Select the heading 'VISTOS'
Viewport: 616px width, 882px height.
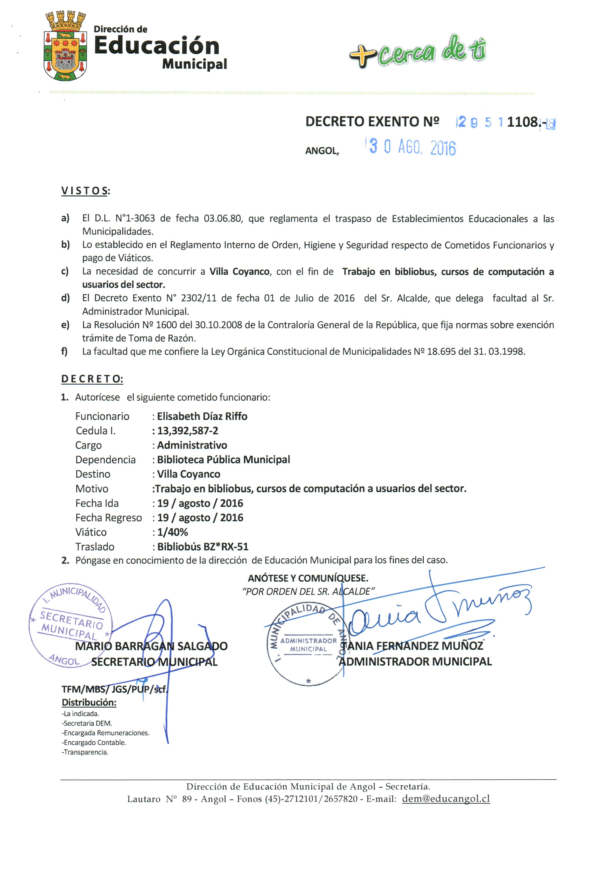tap(85, 191)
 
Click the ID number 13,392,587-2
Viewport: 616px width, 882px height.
tap(187, 431)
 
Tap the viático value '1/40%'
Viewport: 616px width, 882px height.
tap(172, 532)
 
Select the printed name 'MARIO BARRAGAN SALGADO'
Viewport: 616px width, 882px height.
tap(151, 646)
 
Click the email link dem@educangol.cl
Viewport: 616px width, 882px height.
tap(446, 799)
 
